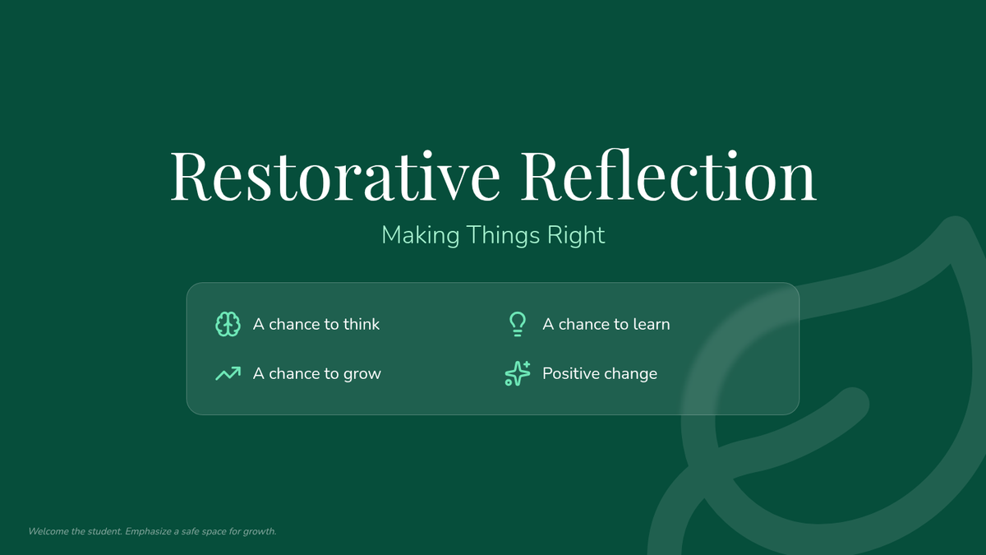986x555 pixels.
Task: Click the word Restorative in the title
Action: point(335,176)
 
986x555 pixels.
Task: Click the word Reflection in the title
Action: point(669,175)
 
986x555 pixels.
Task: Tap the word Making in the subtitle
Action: point(421,235)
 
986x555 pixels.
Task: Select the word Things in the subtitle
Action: point(503,235)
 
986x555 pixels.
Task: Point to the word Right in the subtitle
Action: point(576,235)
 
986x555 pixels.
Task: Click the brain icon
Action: point(228,324)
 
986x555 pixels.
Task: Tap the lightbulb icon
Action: point(518,324)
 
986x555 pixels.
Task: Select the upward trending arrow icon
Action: point(228,373)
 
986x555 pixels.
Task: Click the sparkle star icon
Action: point(518,373)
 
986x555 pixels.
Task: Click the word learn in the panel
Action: point(652,324)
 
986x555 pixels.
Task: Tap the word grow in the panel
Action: point(362,374)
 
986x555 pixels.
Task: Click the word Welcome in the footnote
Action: point(48,531)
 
